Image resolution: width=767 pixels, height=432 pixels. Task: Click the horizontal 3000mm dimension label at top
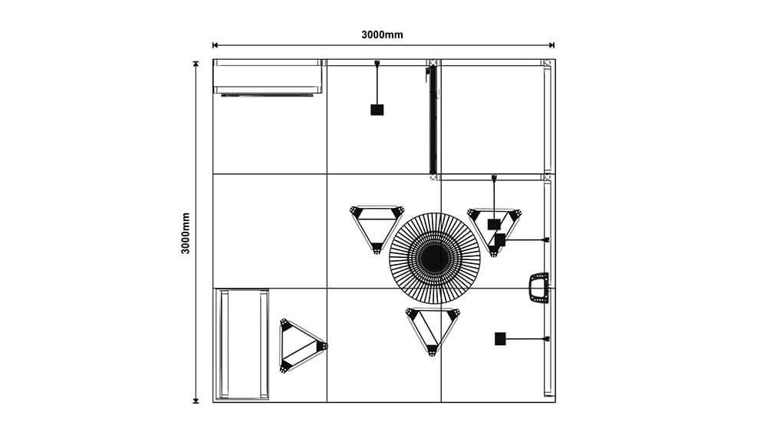pos(382,35)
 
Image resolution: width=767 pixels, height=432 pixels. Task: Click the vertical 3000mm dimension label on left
pos(186,232)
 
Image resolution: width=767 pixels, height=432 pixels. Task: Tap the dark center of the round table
pos(434,257)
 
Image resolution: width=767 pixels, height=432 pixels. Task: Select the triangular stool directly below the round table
pos(433,328)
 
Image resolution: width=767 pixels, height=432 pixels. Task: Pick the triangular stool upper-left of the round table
pos(377,226)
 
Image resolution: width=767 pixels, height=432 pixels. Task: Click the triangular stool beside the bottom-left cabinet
pos(301,346)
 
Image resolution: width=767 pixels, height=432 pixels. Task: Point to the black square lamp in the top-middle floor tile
pos(377,110)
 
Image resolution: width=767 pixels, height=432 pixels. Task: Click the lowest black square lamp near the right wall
pos(500,338)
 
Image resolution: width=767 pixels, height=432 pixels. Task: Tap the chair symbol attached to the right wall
pos(539,288)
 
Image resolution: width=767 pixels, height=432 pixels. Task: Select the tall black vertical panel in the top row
pos(433,119)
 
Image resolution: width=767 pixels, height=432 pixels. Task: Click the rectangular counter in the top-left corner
pos(267,76)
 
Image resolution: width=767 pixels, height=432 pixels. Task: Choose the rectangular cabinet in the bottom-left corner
pos(243,345)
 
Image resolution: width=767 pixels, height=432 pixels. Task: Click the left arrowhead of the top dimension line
pos(216,45)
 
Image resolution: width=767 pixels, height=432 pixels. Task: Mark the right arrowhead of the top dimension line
pos(551,45)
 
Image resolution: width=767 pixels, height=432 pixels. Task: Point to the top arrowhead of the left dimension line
pos(196,64)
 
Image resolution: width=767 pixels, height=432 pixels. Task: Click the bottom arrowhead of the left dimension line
pos(196,399)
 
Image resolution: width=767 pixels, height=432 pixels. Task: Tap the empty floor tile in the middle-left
pos(269,231)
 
